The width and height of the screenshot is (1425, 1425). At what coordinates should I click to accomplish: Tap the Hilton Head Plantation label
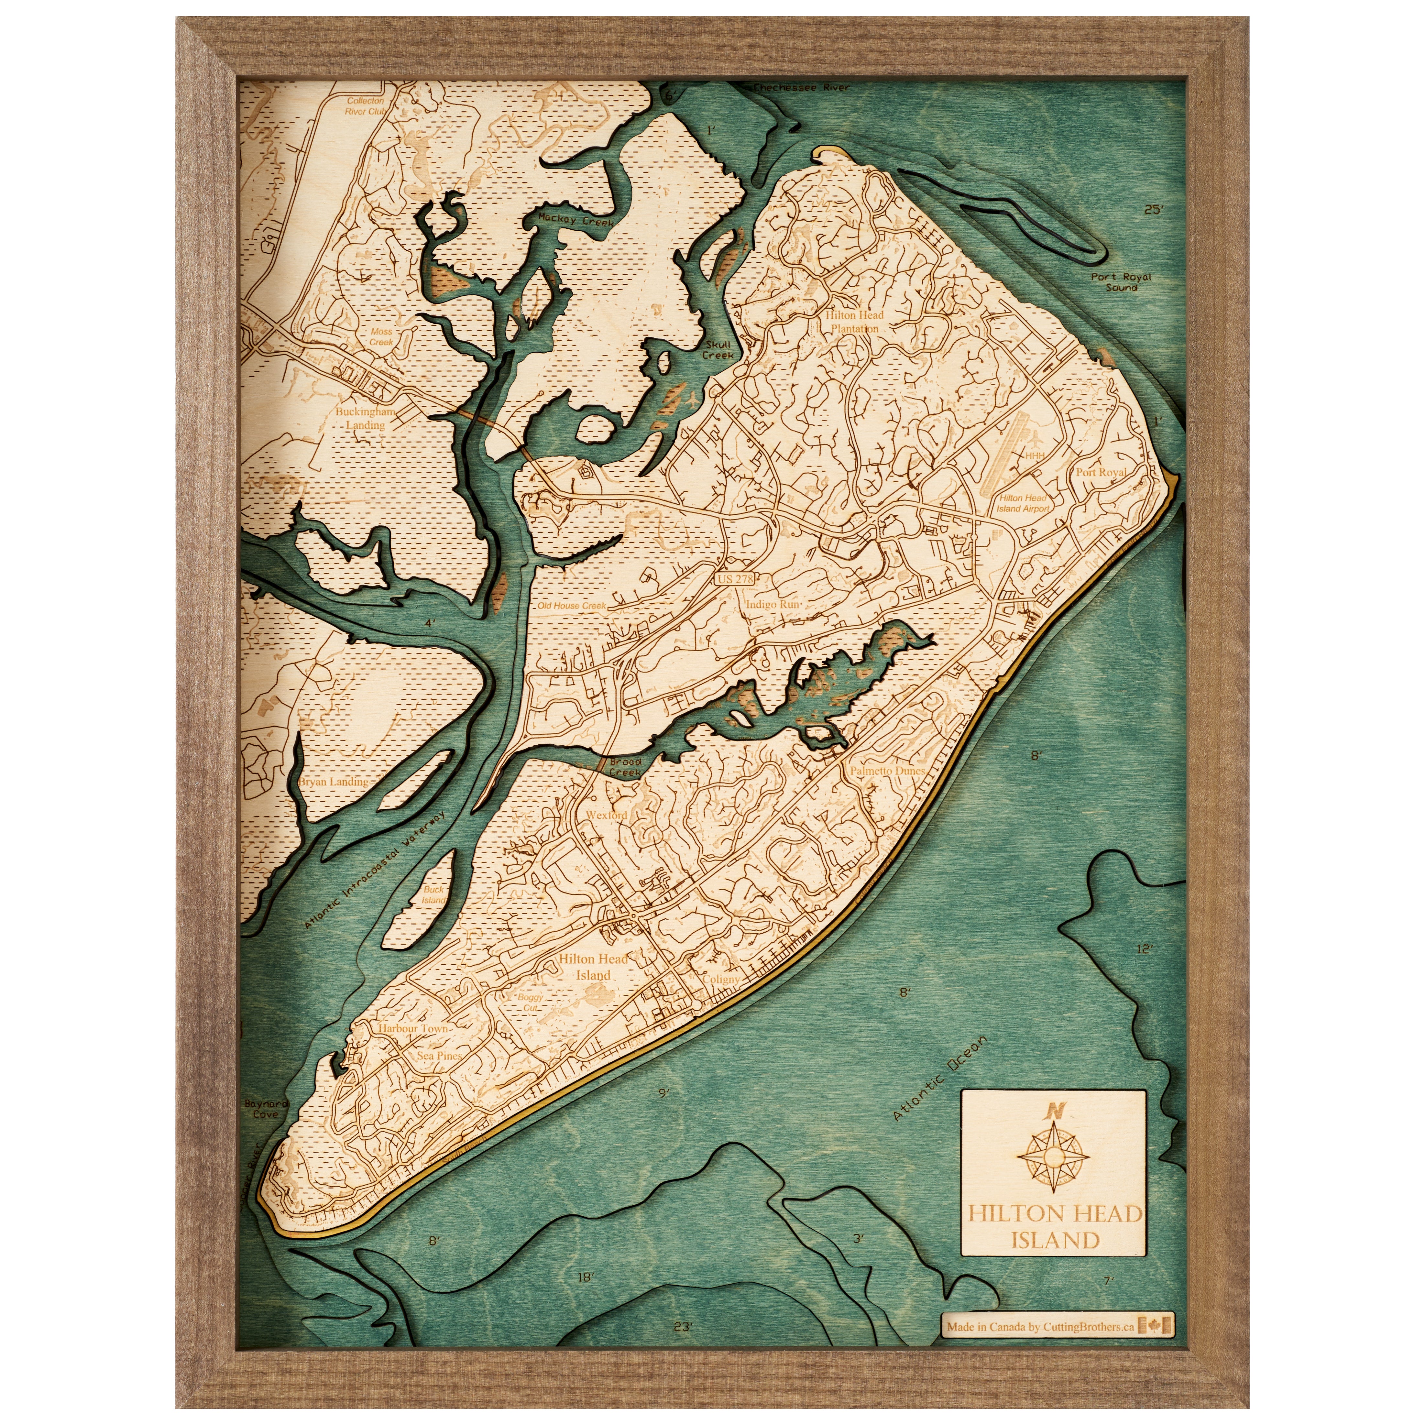[x=854, y=322]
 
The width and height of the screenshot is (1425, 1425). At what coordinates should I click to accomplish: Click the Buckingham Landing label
[x=365, y=418]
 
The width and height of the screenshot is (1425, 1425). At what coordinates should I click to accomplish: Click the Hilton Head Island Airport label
[x=1023, y=503]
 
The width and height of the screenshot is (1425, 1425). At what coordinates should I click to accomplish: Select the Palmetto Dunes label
[x=887, y=770]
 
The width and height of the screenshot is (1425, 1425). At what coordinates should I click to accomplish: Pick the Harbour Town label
[x=413, y=1027]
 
